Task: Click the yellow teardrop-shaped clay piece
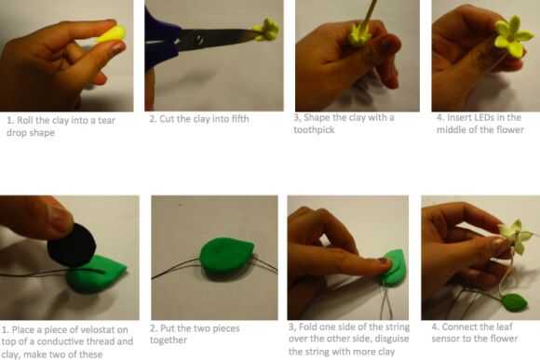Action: click(112, 34)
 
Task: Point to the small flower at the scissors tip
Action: click(266, 30)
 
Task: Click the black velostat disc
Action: click(72, 245)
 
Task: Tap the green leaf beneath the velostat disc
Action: click(97, 274)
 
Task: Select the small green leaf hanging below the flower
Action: click(515, 302)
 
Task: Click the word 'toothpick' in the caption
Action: click(314, 130)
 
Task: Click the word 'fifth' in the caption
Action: click(240, 119)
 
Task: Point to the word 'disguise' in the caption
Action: click(390, 339)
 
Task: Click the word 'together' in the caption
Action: click(169, 340)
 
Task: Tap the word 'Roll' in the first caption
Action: click(24, 120)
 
